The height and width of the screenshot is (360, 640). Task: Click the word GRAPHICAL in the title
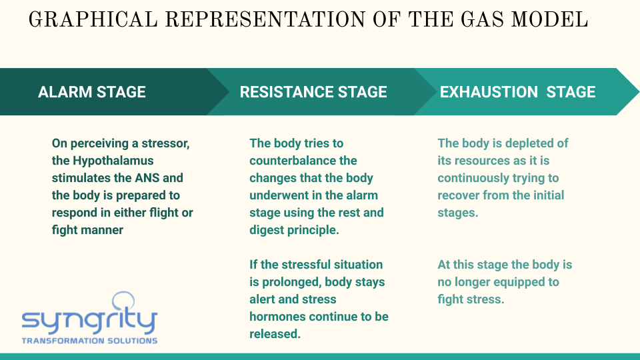point(93,19)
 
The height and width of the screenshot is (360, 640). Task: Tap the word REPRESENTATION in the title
point(265,19)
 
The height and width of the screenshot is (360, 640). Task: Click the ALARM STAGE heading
point(92,92)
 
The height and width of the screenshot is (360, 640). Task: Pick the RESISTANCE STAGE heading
point(313,92)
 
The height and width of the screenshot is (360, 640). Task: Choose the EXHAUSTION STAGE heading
point(517,92)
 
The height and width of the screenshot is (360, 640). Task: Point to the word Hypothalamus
point(113,161)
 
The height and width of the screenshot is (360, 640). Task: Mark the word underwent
point(279,195)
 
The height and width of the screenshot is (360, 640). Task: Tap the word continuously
point(471,179)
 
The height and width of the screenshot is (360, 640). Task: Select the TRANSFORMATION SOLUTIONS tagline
point(89,341)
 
